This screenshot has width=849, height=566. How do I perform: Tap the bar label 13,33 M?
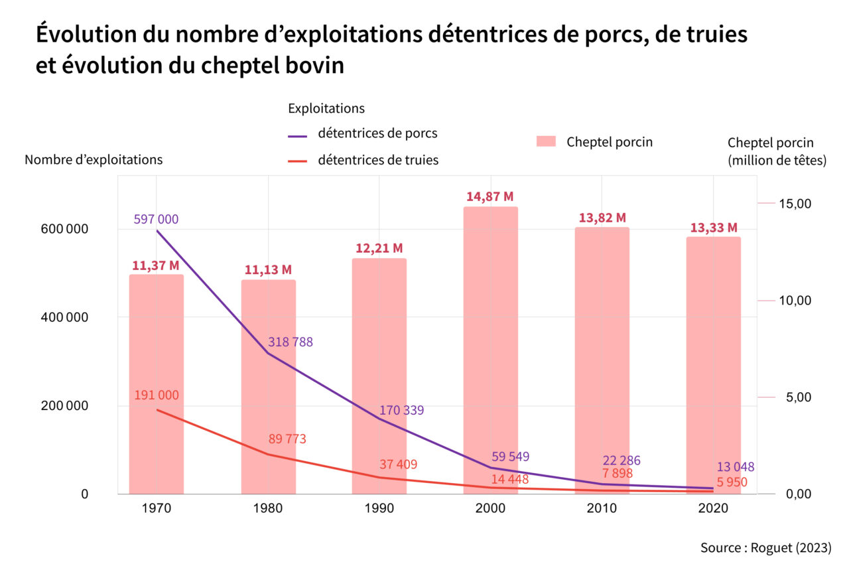[714, 228]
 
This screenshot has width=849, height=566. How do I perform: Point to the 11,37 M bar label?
[156, 266]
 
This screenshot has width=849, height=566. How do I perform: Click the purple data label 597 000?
[156, 220]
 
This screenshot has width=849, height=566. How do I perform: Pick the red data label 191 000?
[157, 395]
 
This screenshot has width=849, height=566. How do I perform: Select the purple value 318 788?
[291, 342]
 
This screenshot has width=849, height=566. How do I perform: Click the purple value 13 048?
[736, 467]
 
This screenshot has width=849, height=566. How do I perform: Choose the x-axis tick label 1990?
[379, 509]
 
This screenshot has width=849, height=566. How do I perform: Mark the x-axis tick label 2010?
[602, 509]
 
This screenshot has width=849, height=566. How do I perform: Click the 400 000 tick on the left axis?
[64, 318]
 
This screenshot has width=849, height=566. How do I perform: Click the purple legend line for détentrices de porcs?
[298, 136]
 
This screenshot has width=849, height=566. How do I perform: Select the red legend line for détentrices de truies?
[298, 161]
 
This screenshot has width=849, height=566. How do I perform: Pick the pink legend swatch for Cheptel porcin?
[546, 141]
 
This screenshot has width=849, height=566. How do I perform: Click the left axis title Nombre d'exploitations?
[94, 160]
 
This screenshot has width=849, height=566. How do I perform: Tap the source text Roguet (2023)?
[790, 548]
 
